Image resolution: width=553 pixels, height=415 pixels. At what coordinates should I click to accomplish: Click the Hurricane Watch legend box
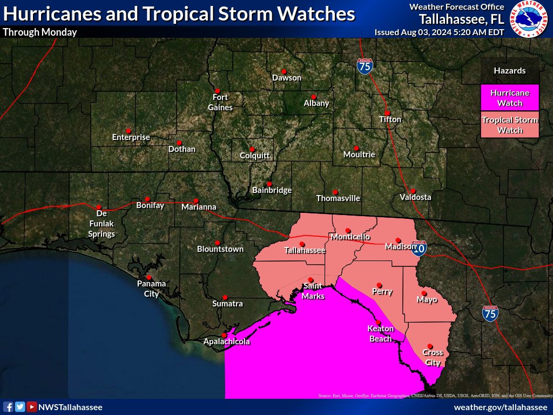pos(509,97)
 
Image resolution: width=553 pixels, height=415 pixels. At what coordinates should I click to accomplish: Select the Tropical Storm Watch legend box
pos(509,125)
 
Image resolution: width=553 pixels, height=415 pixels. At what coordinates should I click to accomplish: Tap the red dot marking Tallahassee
pos(302,244)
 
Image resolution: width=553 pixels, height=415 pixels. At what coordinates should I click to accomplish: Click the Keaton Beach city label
pos(380,333)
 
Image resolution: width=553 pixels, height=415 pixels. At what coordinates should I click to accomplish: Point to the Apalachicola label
pos(227,342)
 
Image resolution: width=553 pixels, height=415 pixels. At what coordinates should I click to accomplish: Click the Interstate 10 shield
pos(419,249)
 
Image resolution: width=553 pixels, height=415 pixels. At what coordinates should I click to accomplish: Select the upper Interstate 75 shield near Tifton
pos(365,66)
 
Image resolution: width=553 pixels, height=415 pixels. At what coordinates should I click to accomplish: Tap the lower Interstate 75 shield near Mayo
pos(490,313)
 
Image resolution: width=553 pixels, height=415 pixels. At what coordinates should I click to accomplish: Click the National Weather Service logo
pos(529,19)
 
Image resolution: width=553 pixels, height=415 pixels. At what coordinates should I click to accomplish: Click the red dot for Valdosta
pos(413,190)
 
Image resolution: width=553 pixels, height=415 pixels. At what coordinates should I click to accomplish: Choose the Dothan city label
pos(182,149)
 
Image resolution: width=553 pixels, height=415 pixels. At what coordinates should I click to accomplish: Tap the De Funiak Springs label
pos(102,224)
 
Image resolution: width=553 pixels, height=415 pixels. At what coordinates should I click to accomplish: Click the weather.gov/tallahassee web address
pos(501,407)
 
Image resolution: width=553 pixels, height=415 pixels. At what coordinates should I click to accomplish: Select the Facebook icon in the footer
pos(8,407)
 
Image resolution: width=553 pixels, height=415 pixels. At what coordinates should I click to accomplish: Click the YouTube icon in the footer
pos(32,407)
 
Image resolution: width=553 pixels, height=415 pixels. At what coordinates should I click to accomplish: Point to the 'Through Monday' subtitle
pos(40,32)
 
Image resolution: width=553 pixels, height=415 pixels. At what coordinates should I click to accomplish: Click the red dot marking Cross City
pos(430,346)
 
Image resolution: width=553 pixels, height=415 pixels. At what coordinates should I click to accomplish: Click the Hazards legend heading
pos(509,71)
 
